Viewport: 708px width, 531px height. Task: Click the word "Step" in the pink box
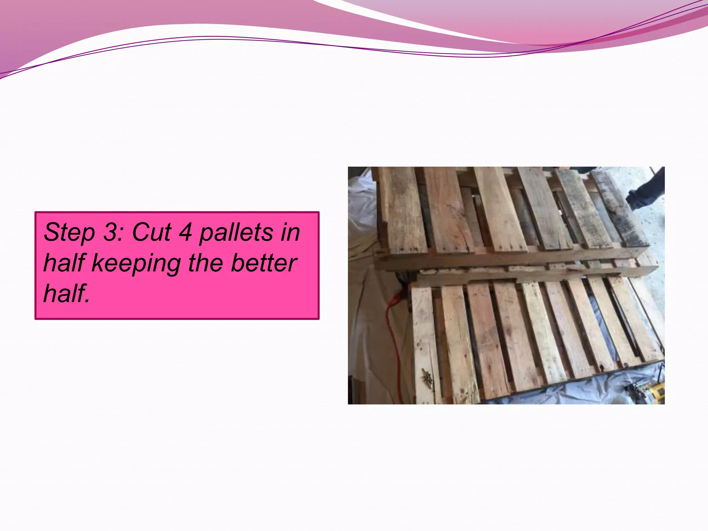(x=69, y=232)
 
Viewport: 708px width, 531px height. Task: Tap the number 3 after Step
(x=111, y=232)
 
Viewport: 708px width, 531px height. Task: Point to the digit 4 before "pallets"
(x=185, y=232)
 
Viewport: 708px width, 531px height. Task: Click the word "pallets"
(x=236, y=232)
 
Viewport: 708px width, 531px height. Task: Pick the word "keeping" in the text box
(x=136, y=264)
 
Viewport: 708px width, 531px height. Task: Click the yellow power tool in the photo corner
(x=655, y=392)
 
